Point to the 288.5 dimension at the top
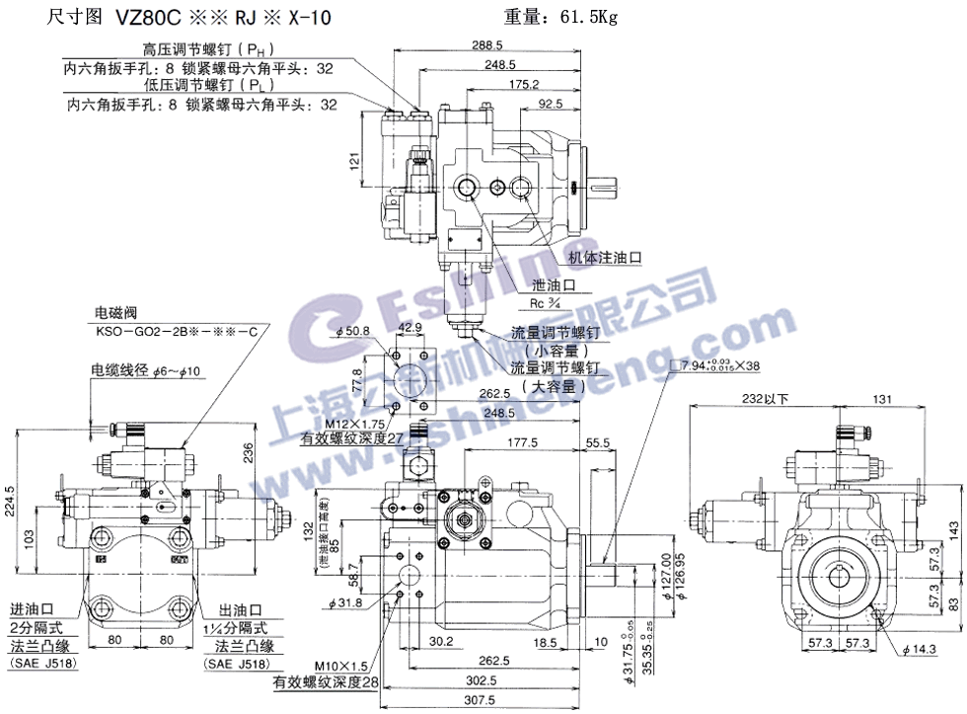point(486,45)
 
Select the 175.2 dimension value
point(523,84)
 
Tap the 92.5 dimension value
point(552,103)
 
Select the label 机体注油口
point(605,257)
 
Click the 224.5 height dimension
point(12,506)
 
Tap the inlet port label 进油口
point(29,608)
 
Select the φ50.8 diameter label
point(352,331)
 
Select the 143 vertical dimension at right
point(952,531)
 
